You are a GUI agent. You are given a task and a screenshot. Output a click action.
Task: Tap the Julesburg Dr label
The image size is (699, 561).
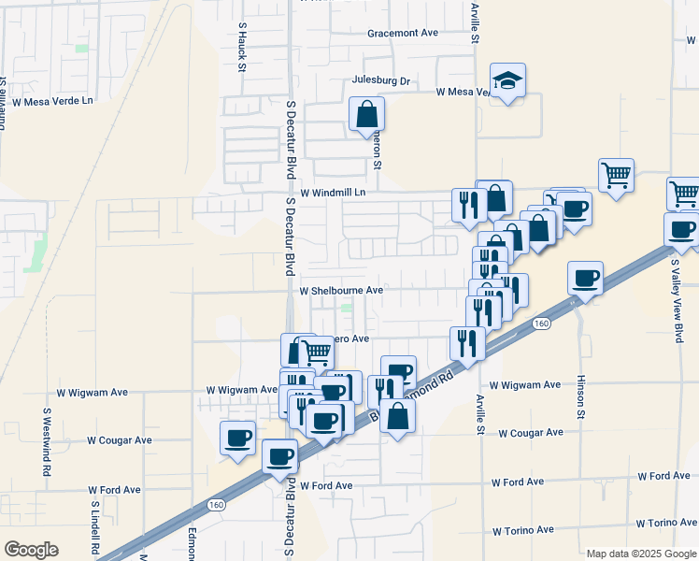[381, 81]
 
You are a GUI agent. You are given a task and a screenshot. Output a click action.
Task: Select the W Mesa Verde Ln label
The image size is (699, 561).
[53, 100]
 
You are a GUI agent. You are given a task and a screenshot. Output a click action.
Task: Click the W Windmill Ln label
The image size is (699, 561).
[325, 193]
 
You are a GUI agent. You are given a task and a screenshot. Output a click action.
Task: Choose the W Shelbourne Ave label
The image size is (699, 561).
[342, 291]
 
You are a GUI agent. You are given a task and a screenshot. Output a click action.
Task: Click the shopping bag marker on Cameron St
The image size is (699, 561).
[367, 115]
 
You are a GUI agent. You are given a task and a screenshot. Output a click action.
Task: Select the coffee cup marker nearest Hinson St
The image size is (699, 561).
[586, 277]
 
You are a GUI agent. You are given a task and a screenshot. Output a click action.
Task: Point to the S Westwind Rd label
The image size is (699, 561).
[46, 441]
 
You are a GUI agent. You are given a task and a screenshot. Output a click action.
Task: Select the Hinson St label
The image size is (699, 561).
[580, 396]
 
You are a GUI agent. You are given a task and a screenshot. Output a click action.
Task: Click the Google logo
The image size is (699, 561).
[31, 550]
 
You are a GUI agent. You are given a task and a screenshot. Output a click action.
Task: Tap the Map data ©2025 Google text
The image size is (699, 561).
[640, 554]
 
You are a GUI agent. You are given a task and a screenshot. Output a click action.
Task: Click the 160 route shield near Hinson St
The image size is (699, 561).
[542, 323]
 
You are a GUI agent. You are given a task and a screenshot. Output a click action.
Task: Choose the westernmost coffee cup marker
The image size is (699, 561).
[237, 437]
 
